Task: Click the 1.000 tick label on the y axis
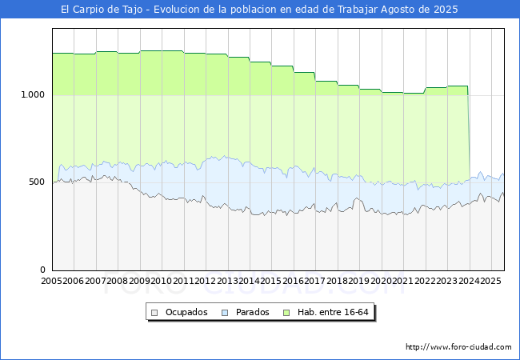click(x=33, y=95)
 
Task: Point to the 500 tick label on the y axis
click(x=37, y=182)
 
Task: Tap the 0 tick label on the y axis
click(x=42, y=270)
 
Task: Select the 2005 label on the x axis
click(x=51, y=281)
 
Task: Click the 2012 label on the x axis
click(x=205, y=281)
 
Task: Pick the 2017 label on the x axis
click(x=314, y=281)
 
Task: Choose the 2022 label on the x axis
click(x=425, y=281)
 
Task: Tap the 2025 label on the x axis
click(x=490, y=281)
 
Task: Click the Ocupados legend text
click(x=186, y=312)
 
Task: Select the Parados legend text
click(x=252, y=312)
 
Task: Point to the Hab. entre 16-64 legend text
click(x=333, y=312)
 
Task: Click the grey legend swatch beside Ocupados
click(x=154, y=313)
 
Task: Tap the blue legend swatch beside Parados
click(x=225, y=313)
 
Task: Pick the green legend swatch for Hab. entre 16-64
click(x=286, y=313)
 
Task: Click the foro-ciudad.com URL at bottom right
click(x=458, y=347)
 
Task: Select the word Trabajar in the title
click(x=358, y=10)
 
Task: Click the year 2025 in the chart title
click(x=446, y=10)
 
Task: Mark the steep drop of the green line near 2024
click(x=469, y=133)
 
